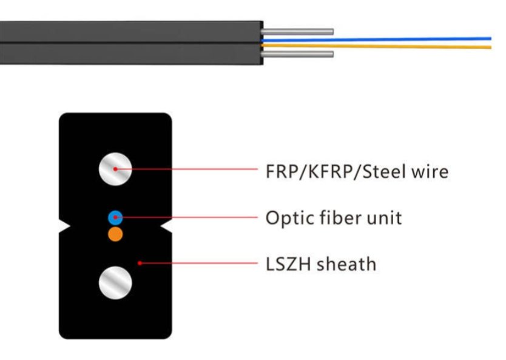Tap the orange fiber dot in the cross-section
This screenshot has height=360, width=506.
coord(115,234)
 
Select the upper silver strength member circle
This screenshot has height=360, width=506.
coord(115,169)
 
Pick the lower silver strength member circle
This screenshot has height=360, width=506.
coord(115,282)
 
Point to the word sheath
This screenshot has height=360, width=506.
coord(346,263)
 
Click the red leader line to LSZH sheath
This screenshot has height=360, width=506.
coord(200,263)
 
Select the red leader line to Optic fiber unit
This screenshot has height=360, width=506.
coord(188,217)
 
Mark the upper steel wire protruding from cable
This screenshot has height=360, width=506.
coord(297,31)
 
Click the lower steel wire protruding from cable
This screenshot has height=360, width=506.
coord(297,55)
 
